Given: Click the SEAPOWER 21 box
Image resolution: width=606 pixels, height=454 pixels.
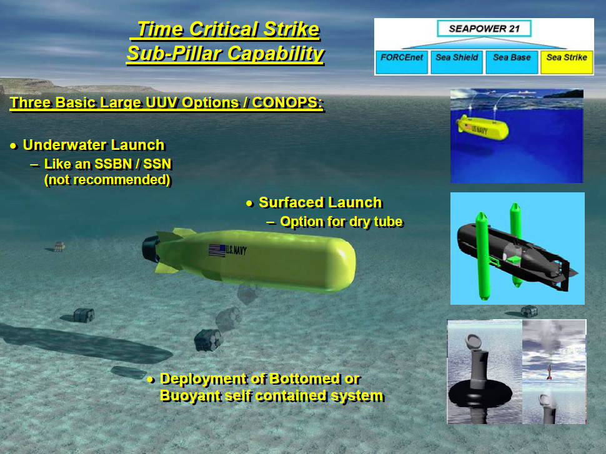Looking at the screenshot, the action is click(x=484, y=29).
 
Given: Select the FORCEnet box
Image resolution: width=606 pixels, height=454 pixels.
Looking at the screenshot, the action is click(x=402, y=62).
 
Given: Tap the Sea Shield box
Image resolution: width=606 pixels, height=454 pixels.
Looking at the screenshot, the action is click(x=457, y=62).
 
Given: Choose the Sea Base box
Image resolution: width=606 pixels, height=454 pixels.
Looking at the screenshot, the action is click(x=512, y=62).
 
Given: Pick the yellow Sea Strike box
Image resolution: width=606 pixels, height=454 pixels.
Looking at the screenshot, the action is click(x=567, y=62).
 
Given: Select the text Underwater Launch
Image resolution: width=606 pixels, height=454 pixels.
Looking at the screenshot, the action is click(x=94, y=145).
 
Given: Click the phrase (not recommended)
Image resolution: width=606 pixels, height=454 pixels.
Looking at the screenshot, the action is click(x=107, y=180).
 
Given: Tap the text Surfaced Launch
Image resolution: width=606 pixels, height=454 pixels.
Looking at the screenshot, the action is click(x=320, y=202).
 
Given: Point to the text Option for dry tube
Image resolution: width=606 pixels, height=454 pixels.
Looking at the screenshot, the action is click(x=341, y=222).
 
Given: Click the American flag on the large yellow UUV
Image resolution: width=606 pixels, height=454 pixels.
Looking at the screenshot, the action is click(x=217, y=250).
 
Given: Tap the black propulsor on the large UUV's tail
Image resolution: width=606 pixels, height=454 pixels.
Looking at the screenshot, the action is click(x=151, y=249).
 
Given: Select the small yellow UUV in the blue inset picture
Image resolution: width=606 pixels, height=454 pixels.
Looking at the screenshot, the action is click(x=482, y=127).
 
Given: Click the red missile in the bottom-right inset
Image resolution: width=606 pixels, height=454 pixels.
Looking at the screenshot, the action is click(x=549, y=372).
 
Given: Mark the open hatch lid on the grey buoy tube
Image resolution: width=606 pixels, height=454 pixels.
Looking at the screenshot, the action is click(x=474, y=342).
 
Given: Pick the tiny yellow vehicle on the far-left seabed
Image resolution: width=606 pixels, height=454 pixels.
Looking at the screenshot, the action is click(x=59, y=246).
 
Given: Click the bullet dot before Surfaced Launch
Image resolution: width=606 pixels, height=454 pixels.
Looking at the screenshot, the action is click(x=249, y=203).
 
